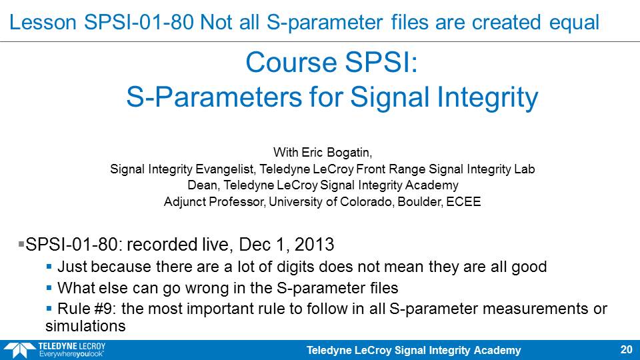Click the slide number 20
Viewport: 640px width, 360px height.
[626, 349]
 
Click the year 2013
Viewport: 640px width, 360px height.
[314, 245]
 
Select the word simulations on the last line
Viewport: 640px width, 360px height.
[85, 326]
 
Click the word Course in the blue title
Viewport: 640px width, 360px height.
[291, 63]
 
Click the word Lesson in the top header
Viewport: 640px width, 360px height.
[43, 22]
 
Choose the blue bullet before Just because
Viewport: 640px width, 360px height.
[49, 267]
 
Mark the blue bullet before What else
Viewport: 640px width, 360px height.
[49, 288]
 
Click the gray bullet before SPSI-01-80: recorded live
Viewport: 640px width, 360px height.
[21, 244]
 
